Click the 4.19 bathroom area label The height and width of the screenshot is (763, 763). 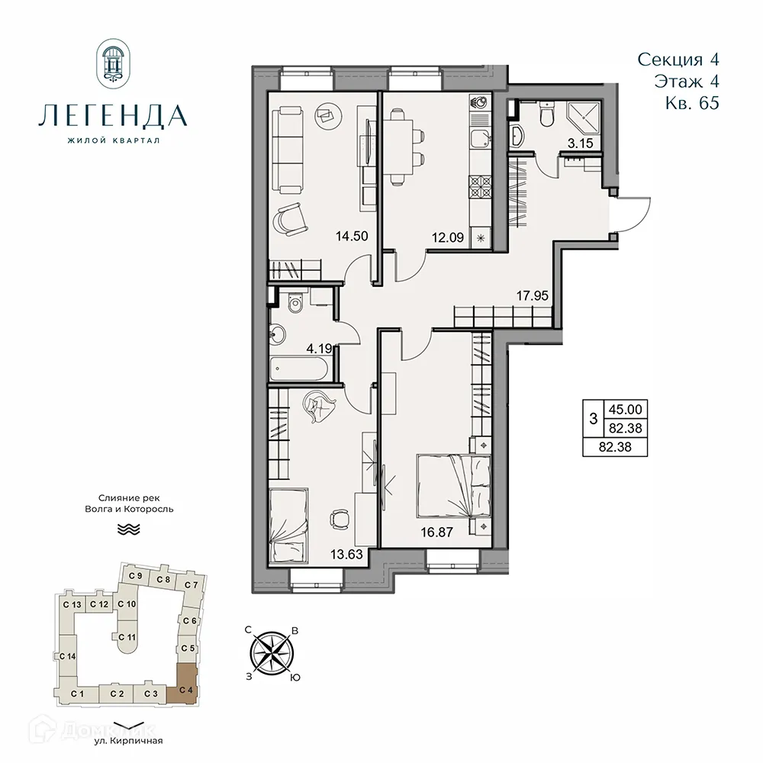click(x=318, y=350)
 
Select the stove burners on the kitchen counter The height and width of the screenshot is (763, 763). click(x=482, y=186)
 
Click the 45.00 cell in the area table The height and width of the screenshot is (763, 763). click(x=623, y=410)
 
